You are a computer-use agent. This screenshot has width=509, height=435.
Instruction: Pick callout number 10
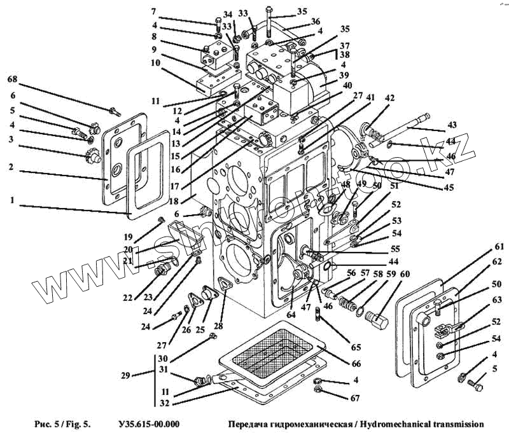[156, 64]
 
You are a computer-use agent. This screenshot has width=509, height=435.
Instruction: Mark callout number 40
[347, 86]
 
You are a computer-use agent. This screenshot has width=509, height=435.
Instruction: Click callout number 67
[355, 398]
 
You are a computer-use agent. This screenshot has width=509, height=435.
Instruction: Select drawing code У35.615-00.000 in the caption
[149, 424]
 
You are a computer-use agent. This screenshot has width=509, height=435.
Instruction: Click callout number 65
[356, 348]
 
